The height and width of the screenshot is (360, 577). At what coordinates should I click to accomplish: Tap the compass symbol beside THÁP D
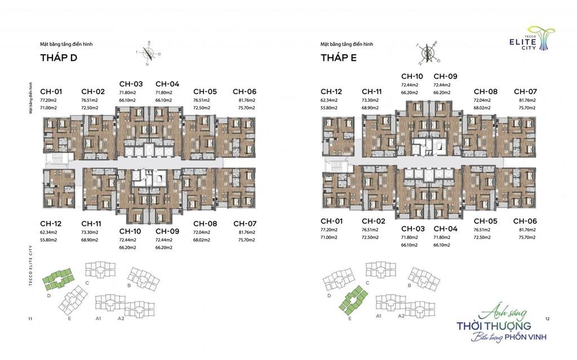(149, 52)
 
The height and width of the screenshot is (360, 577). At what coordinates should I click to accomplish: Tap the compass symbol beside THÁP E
(428, 52)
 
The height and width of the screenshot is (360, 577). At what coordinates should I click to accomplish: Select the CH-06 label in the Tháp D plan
(245, 91)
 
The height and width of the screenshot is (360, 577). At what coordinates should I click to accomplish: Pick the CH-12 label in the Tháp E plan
(331, 91)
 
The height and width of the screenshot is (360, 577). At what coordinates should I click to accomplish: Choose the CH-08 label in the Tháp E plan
(485, 91)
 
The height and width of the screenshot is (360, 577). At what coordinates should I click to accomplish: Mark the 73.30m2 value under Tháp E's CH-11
(371, 99)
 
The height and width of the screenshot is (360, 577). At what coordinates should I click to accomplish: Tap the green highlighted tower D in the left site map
(59, 277)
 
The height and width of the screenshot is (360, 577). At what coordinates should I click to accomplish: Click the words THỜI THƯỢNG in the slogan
(494, 326)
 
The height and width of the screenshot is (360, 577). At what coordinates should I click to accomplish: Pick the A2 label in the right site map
(401, 316)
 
